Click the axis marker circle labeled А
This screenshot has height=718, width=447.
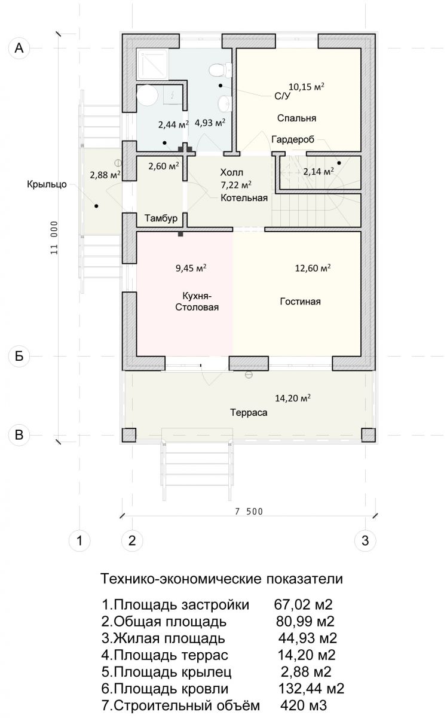(x=19, y=48)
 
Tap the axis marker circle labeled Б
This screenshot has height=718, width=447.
(x=19, y=356)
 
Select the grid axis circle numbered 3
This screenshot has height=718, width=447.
(x=365, y=541)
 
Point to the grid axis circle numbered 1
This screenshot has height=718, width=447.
(x=79, y=541)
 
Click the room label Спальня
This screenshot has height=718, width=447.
(x=296, y=118)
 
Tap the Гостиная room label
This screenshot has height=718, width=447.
(x=301, y=302)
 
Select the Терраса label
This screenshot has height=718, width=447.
(x=249, y=412)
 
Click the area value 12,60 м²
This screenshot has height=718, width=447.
(x=313, y=268)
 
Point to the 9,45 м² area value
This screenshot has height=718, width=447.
(x=191, y=268)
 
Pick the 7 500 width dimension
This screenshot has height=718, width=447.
(x=249, y=512)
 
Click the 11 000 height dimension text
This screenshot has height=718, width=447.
(x=54, y=238)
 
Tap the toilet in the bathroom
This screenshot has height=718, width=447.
(x=221, y=69)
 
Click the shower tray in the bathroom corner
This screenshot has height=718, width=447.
(x=152, y=64)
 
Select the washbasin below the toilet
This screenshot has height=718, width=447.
(x=225, y=104)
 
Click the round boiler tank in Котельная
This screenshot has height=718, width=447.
(x=147, y=95)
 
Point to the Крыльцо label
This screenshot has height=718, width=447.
(x=47, y=184)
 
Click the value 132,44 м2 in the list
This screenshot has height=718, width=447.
(x=311, y=689)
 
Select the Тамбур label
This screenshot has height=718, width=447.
(x=161, y=218)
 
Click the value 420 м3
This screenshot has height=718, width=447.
(x=304, y=705)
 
